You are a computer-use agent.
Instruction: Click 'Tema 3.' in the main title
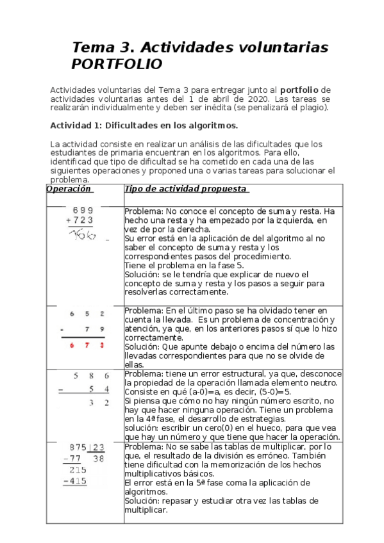click(103, 47)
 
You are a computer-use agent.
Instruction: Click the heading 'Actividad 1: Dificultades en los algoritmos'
click(144, 126)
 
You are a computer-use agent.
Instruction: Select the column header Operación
click(69, 190)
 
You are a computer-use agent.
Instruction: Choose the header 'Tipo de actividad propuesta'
click(186, 190)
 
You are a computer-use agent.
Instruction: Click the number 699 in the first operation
click(83, 210)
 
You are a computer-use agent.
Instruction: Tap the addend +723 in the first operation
click(80, 220)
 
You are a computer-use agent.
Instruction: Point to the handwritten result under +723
click(83, 235)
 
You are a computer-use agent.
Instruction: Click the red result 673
click(87, 345)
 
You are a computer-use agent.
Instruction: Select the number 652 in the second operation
click(87, 314)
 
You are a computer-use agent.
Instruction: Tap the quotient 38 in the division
click(98, 458)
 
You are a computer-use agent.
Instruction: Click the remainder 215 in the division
click(78, 469)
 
